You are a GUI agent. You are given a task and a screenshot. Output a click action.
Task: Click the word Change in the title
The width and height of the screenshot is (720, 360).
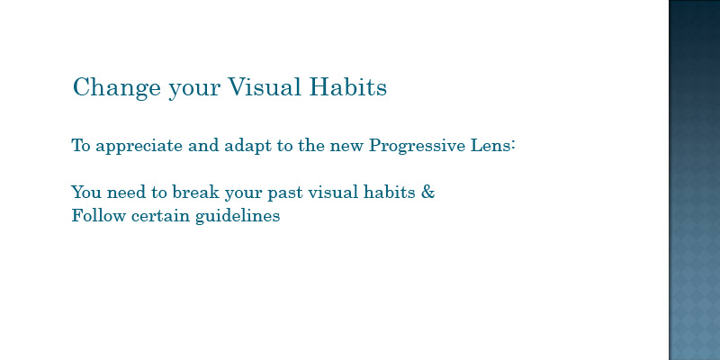117,87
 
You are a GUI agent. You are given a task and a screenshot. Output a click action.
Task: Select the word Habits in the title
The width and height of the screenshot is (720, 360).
347,86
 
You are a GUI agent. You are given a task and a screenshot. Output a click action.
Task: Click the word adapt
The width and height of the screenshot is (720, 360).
247,147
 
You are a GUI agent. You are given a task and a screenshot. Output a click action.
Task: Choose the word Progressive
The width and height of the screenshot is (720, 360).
417,147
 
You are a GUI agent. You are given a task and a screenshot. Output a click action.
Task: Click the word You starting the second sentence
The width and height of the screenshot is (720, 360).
86,192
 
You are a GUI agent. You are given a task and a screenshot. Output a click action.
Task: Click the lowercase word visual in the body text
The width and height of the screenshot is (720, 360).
333,192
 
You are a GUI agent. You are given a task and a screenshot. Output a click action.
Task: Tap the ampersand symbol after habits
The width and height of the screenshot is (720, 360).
427,192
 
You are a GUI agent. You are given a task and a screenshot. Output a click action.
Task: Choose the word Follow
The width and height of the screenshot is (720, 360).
98,215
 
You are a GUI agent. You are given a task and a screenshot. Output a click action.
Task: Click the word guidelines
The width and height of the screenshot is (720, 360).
238,216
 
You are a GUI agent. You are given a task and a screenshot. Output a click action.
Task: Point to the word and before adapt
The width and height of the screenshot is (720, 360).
203,146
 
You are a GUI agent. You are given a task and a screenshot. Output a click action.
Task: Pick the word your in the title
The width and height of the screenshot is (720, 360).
194,89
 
